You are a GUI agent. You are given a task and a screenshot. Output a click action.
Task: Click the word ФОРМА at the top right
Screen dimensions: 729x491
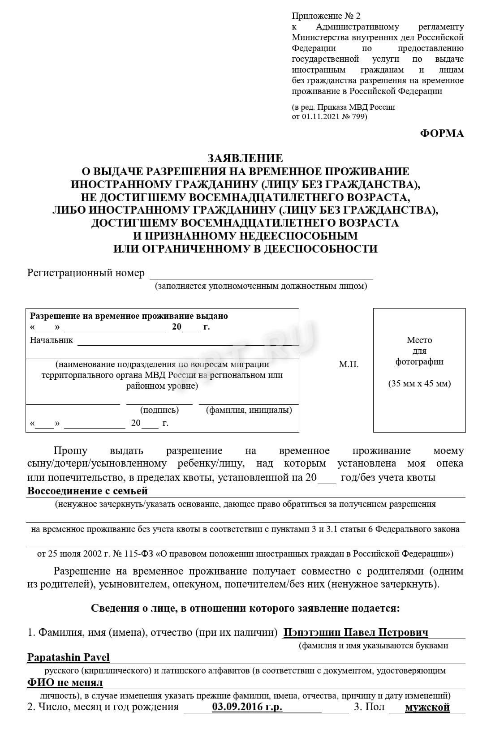(442, 133)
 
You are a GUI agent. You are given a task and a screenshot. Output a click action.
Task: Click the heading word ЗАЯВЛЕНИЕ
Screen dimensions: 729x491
(245, 158)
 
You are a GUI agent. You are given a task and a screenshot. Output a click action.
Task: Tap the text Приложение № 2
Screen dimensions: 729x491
(326, 16)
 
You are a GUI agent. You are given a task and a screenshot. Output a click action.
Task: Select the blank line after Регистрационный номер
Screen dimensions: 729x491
(261, 274)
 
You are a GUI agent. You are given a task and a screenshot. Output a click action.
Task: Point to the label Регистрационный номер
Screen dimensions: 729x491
(86, 273)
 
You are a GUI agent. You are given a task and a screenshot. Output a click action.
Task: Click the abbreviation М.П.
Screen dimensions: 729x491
(349, 364)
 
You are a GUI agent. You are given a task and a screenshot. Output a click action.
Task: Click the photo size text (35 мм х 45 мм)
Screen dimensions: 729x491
(419, 383)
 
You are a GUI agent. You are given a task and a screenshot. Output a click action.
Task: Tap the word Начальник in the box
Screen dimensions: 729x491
(51, 340)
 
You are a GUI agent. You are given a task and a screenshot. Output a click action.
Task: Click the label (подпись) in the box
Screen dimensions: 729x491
(159, 410)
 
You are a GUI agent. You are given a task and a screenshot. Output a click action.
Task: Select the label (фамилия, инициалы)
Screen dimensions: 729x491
(249, 410)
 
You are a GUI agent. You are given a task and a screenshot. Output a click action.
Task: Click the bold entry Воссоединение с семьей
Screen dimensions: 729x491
(87, 491)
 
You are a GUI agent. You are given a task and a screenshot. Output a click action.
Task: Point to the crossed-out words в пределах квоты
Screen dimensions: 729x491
(171, 477)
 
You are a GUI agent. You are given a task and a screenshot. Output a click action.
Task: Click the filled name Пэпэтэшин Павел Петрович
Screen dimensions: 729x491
(356, 632)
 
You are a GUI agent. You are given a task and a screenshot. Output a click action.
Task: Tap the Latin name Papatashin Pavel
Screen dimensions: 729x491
(69, 657)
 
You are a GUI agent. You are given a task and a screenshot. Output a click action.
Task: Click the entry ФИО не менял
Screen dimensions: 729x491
(65, 682)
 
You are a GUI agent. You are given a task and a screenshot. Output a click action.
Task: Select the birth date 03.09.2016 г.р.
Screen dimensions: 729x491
(247, 707)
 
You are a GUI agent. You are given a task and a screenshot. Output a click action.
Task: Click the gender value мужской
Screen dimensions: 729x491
(427, 707)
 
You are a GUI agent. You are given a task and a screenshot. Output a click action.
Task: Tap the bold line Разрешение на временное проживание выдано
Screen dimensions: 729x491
(129, 316)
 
